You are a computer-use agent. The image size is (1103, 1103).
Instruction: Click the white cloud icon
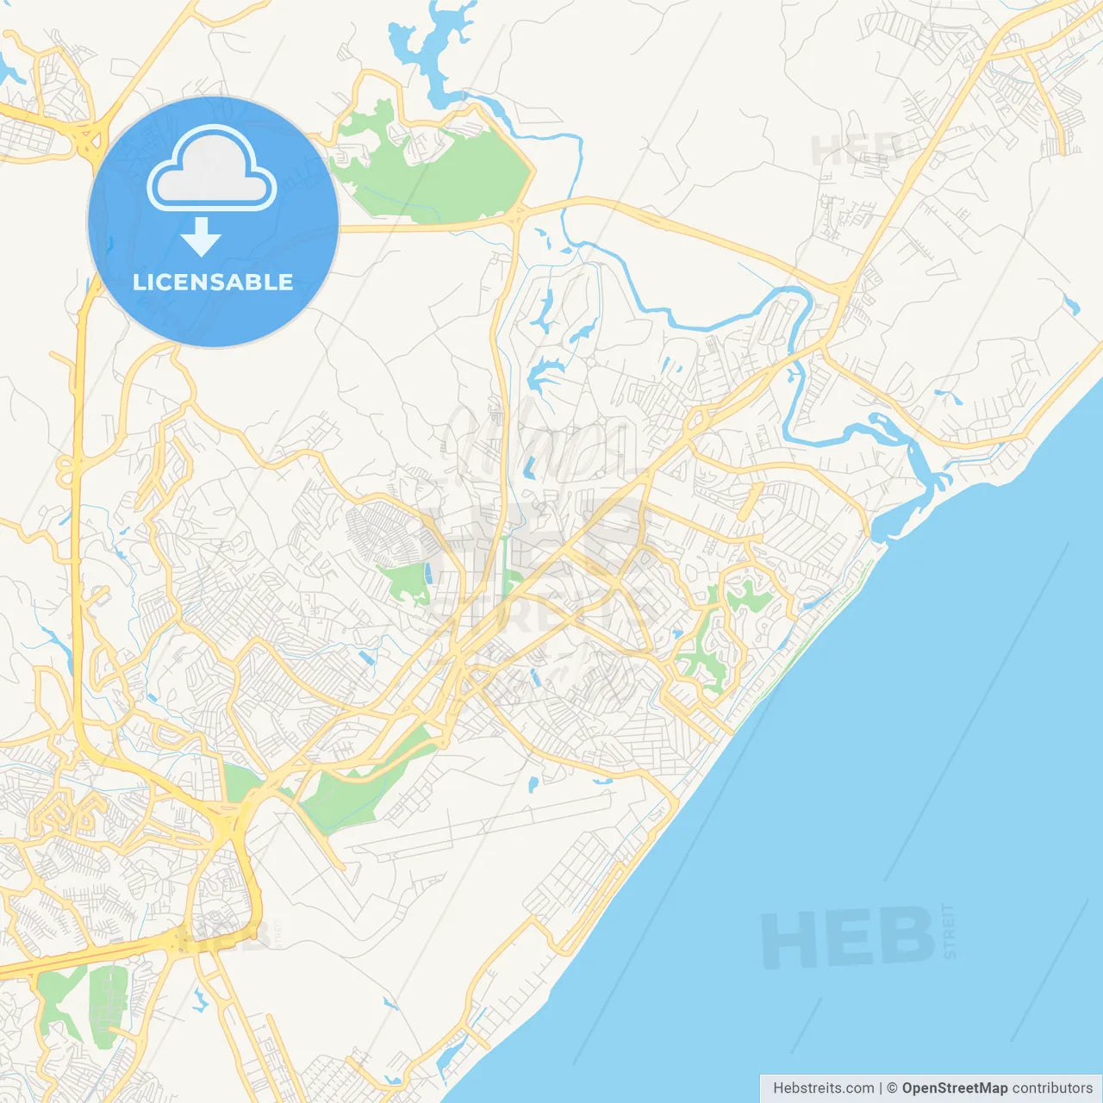point(212,169)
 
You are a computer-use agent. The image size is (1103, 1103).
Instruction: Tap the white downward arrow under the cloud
point(201,236)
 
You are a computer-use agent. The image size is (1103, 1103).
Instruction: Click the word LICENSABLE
point(213,282)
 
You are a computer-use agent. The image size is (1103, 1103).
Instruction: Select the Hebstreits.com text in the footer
point(823,1088)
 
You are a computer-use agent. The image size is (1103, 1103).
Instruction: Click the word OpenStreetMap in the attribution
point(954,1088)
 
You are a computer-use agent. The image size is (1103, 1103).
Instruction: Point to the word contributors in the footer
point(1052,1088)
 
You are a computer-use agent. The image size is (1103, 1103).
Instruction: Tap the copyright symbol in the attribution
point(893,1088)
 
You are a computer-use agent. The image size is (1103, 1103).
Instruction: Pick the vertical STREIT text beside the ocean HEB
point(949,931)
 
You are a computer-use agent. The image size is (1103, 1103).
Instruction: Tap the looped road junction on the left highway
point(65,470)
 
